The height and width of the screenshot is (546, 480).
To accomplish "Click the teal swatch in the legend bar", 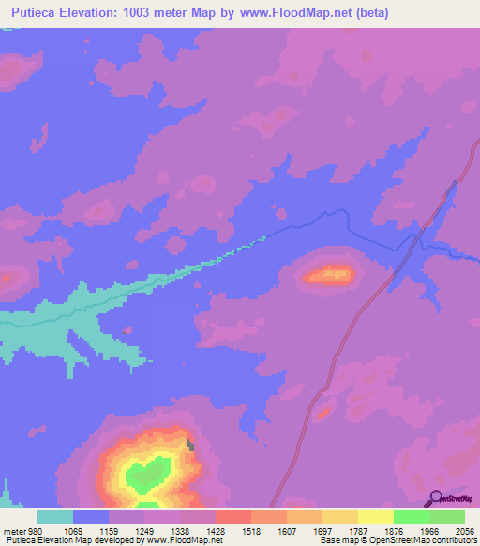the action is [x=55, y=517].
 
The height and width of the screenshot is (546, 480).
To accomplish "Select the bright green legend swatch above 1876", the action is [x=411, y=517].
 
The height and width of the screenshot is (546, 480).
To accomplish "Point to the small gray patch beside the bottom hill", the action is [x=191, y=446].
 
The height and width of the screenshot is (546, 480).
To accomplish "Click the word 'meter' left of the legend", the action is [x=12, y=530].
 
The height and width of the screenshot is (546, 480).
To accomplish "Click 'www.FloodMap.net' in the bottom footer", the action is [x=184, y=540].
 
